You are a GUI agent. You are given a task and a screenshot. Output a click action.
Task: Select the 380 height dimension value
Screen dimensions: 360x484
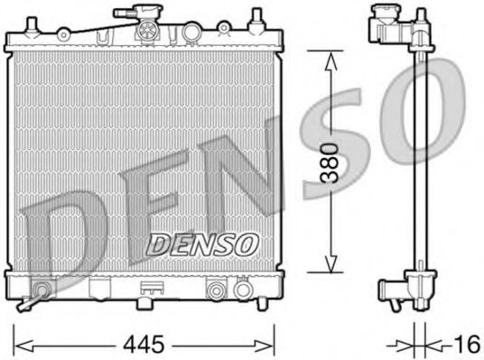coord(331,162)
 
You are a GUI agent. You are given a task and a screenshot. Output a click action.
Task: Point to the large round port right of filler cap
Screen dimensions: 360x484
coord(190,32)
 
